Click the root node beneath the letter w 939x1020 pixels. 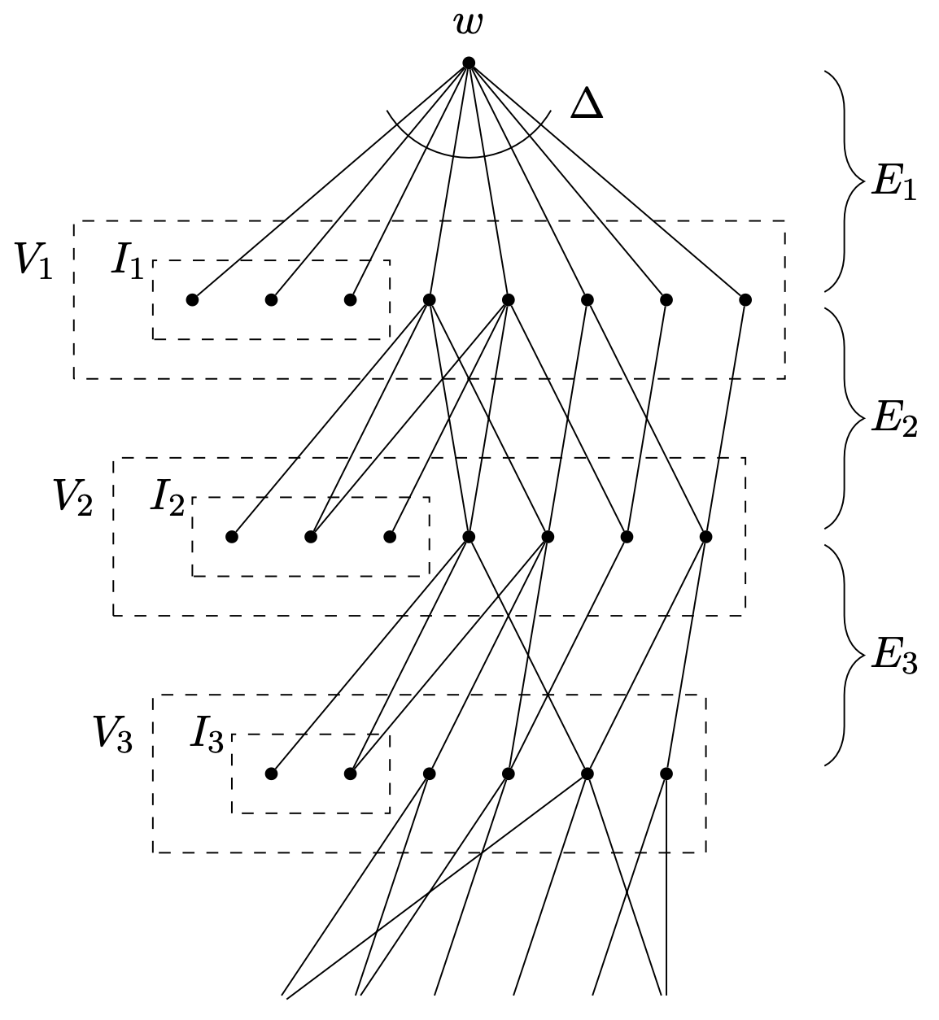(469, 63)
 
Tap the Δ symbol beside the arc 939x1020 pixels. (586, 105)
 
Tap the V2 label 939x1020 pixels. (73, 498)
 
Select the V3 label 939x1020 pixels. (112, 734)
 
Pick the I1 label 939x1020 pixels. (128, 261)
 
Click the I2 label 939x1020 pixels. (167, 498)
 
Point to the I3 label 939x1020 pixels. (207, 734)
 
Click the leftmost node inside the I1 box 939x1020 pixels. (192, 300)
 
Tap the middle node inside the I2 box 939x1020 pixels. (310, 537)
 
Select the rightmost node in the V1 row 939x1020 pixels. (745, 300)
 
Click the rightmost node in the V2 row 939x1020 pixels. (705, 537)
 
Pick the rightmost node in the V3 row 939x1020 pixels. (666, 774)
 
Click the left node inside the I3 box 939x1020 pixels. (271, 774)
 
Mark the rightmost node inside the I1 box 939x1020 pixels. (350, 300)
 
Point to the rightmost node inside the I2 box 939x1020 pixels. (390, 537)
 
